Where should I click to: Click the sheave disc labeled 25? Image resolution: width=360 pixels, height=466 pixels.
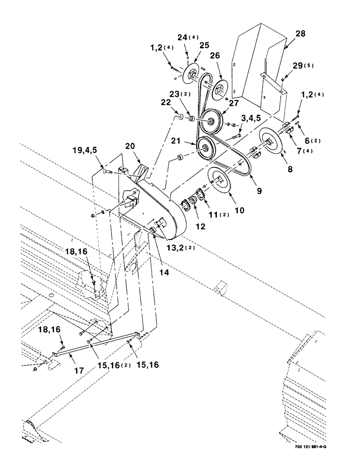click(191, 74)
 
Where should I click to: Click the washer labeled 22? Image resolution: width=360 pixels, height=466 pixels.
click(180, 114)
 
